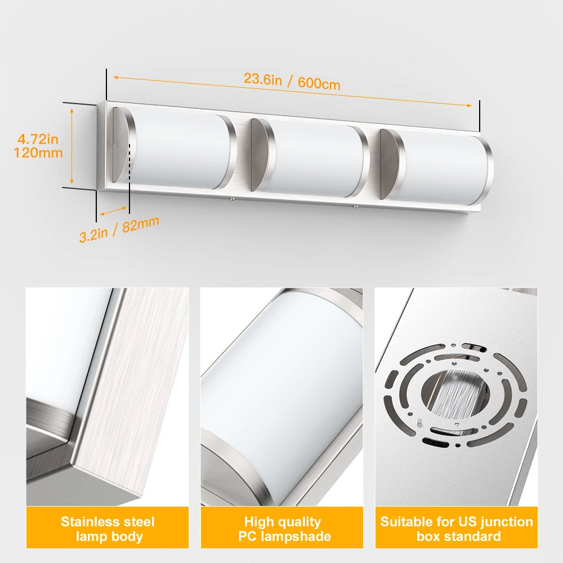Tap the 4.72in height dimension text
point(38,138)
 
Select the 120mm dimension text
point(38,153)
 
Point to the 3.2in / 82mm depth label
point(119,228)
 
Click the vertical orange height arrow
point(72,147)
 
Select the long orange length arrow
point(292,91)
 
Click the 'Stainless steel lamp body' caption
point(108,529)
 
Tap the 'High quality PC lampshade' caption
point(282,529)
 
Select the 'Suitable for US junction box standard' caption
point(457,529)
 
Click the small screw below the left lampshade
point(231,198)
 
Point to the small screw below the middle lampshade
point(356,208)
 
